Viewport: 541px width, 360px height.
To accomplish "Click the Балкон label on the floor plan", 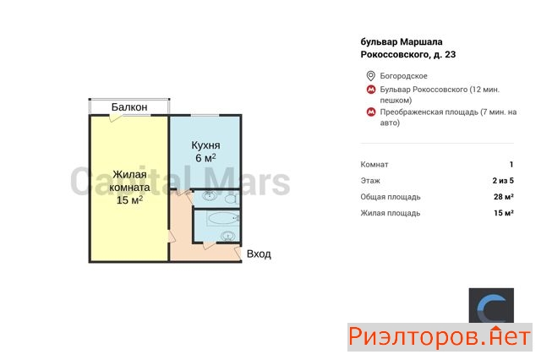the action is pos(129,107).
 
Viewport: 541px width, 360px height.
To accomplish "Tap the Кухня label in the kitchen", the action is pos(205,145).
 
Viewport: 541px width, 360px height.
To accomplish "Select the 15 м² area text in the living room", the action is pos(129,200).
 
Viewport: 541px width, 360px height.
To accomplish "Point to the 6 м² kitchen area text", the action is pos(205,158).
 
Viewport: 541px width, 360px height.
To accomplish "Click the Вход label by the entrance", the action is pos(259,254).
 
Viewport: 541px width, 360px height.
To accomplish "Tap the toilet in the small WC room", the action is pos(231,199).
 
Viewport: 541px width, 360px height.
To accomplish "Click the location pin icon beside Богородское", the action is pos(370,76).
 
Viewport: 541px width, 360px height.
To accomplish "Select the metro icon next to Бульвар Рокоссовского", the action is pos(371,90).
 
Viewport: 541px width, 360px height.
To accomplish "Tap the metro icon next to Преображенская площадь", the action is pos(371,112).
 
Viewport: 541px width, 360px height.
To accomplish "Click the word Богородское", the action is pos(403,76).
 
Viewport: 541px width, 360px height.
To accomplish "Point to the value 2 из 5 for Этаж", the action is pos(503,181).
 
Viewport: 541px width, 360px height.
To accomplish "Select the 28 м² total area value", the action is pos(504,197).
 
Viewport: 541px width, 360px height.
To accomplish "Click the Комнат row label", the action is pos(374,165).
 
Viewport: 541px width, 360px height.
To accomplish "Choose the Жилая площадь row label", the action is pos(391,213).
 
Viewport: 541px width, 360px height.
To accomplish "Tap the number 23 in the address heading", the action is pos(451,54).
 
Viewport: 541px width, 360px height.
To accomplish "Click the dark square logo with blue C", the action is pos(491,306).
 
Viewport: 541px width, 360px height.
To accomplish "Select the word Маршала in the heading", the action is pos(421,42).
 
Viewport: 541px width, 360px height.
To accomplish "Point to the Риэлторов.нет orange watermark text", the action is pos(440,336).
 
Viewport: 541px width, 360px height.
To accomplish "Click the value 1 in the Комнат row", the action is pos(511,165).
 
